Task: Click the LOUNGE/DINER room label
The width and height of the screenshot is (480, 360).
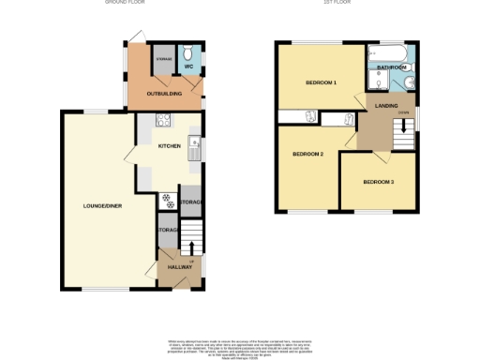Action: [102, 205]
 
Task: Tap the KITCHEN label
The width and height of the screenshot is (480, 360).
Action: [169, 146]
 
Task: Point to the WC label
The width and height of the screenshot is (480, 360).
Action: [187, 67]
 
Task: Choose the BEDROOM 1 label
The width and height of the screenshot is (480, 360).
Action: [321, 83]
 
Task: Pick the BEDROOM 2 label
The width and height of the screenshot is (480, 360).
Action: [307, 154]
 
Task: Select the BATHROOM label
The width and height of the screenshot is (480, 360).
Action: [392, 68]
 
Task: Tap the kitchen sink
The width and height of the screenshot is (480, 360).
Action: [194, 147]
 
